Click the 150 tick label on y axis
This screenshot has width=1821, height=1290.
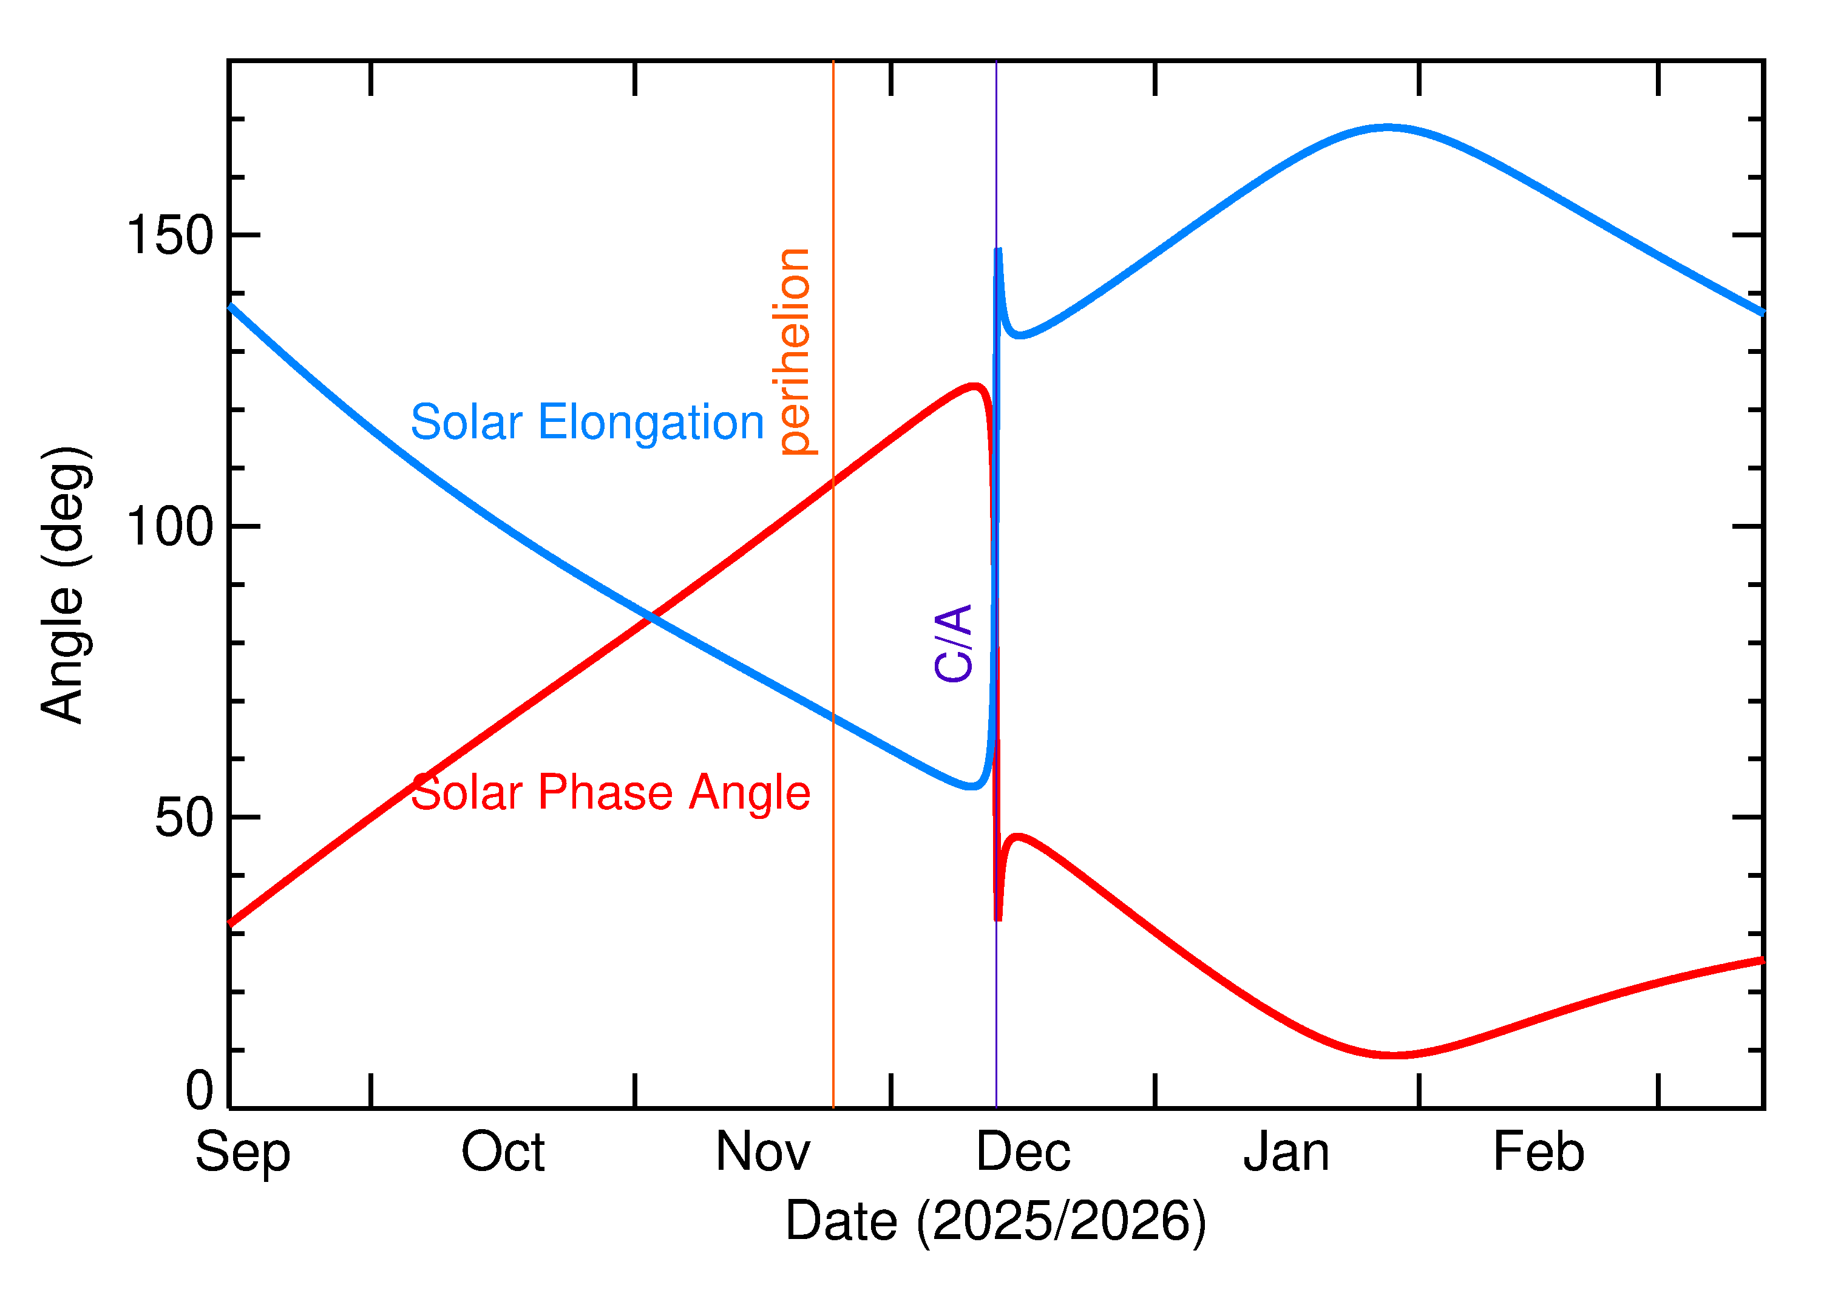(x=170, y=236)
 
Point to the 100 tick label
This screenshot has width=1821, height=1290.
(x=170, y=527)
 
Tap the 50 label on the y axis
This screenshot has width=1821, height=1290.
(x=185, y=818)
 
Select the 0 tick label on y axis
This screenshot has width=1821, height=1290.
(x=199, y=1091)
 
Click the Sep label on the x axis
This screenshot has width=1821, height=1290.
(x=242, y=1153)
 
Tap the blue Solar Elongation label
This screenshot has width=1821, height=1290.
(x=587, y=422)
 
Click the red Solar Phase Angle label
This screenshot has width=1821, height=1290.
(x=610, y=793)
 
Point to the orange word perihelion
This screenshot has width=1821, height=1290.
(x=794, y=352)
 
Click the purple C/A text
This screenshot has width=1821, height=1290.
(x=954, y=643)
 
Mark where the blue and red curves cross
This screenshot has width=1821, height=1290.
(x=651, y=616)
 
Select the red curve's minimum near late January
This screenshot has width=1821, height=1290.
(x=1393, y=1056)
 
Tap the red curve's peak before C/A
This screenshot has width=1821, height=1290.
(x=974, y=386)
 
